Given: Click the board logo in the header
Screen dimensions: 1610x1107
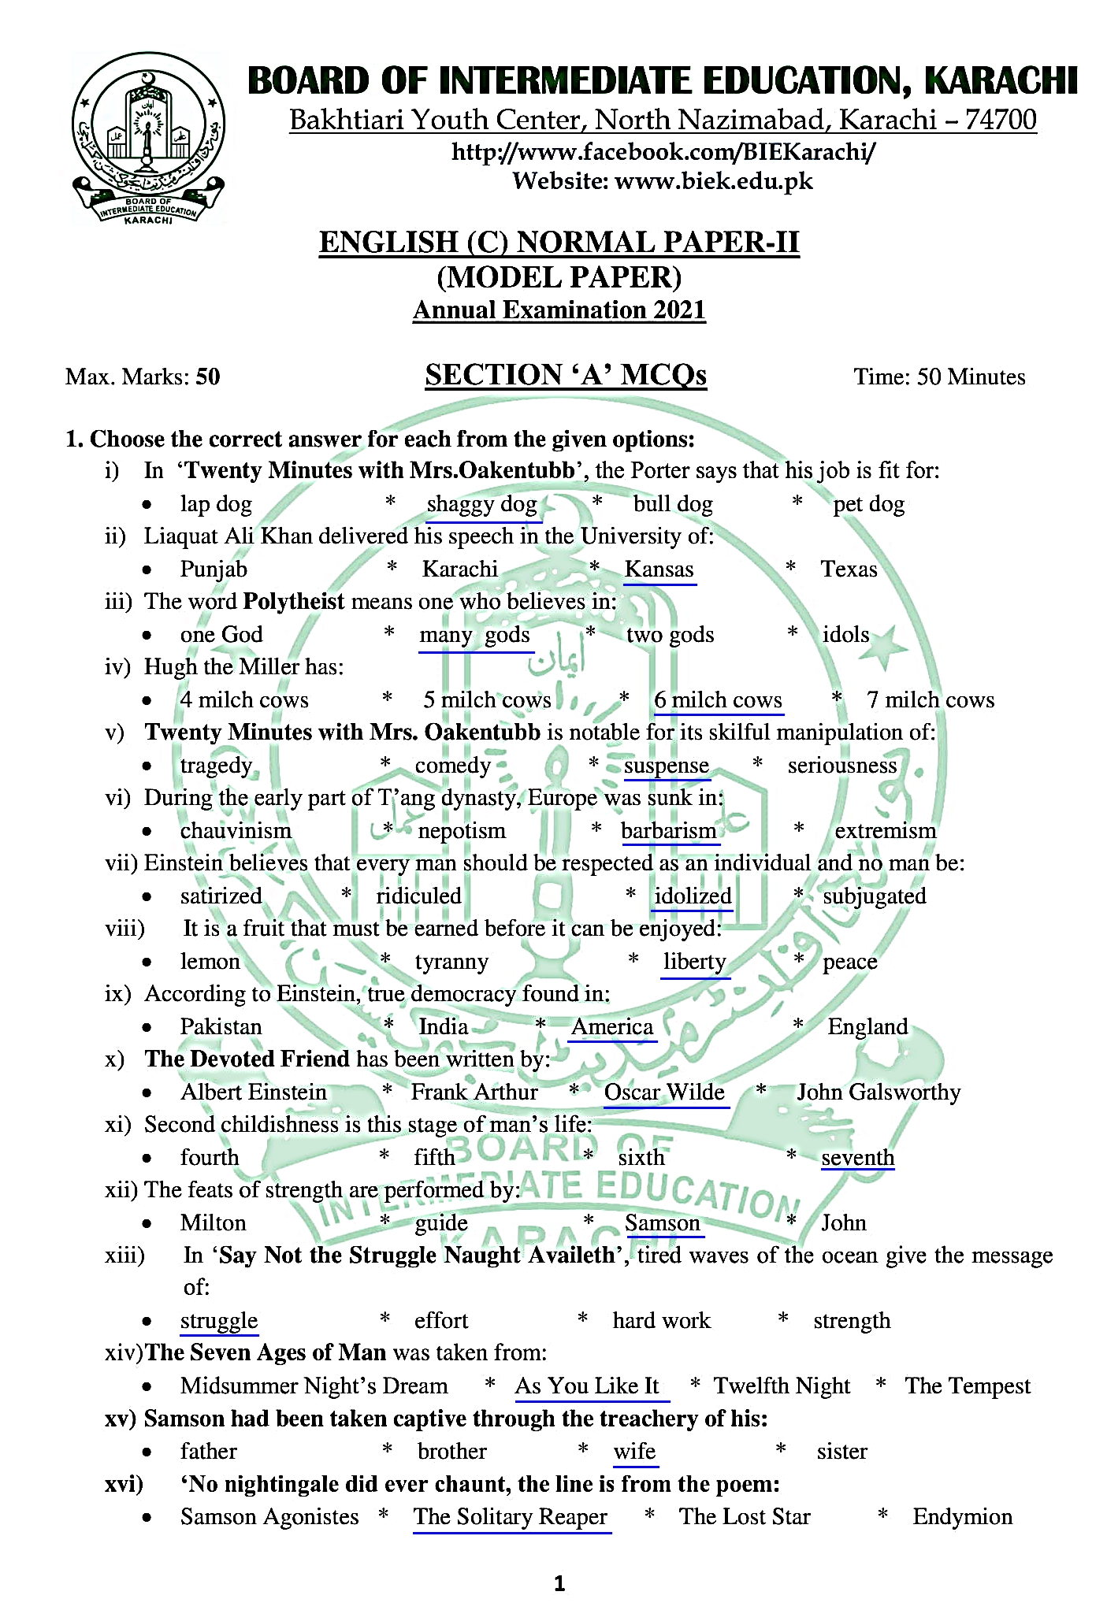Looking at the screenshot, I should pyautogui.click(x=147, y=139).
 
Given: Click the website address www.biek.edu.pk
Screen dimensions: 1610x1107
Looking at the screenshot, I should pyautogui.click(x=713, y=181).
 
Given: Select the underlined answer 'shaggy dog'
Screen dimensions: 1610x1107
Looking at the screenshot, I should pyautogui.click(x=482, y=504).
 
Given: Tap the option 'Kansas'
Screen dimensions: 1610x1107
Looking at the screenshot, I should pyautogui.click(x=659, y=569).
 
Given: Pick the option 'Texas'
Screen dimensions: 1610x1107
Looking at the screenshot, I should pyautogui.click(x=849, y=569).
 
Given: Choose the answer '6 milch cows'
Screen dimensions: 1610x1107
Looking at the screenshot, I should pyautogui.click(x=718, y=700).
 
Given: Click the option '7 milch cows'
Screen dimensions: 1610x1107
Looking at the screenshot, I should pyautogui.click(x=931, y=700).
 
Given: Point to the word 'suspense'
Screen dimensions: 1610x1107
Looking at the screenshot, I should pyautogui.click(x=667, y=766).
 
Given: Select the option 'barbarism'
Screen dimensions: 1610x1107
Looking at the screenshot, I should pyautogui.click(x=669, y=831).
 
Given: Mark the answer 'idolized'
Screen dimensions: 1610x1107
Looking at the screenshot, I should pyautogui.click(x=693, y=896).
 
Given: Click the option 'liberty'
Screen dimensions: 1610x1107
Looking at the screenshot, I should pyautogui.click(x=694, y=962).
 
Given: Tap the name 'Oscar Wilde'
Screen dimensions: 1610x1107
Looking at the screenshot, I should pyautogui.click(x=664, y=1092).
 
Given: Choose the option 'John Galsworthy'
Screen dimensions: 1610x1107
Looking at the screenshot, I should pyautogui.click(x=879, y=1092).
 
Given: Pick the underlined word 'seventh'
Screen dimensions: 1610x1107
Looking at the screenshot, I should pyautogui.click(x=858, y=1158).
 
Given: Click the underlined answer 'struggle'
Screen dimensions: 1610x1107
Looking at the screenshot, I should pyautogui.click(x=219, y=1321).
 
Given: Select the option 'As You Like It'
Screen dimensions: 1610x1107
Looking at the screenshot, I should pyautogui.click(x=587, y=1386).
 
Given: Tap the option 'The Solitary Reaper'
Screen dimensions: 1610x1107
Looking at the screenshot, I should pyautogui.click(x=511, y=1517).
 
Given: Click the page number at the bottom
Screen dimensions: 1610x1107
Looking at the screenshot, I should pyautogui.click(x=559, y=1584).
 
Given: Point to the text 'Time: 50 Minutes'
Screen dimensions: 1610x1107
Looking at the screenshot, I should pyautogui.click(x=939, y=377).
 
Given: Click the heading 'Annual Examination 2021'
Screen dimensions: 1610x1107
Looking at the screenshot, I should pyautogui.click(x=559, y=310).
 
